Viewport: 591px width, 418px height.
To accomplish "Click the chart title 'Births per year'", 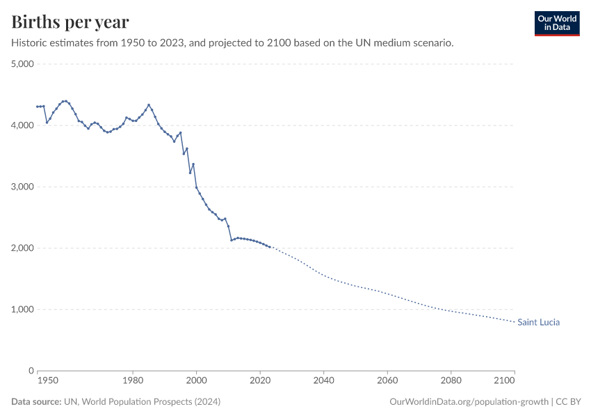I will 70,22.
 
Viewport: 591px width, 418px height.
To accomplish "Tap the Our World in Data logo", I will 556,23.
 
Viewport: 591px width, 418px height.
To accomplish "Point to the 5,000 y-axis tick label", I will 23,64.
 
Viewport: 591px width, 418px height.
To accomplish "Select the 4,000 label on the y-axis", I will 23,125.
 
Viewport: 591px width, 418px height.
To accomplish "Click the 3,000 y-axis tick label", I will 23,187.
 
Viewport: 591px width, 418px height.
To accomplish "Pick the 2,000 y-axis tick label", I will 23,248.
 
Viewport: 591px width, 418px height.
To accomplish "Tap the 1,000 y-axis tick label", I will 23,309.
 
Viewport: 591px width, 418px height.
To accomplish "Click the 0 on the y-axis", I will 31,371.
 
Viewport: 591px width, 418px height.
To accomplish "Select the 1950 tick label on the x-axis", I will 47,381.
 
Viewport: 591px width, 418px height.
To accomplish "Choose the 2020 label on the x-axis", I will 260,381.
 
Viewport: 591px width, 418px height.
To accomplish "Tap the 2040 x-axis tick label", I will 323,381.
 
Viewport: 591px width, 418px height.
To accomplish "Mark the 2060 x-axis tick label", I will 387,381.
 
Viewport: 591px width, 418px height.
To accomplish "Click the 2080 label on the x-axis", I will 451,381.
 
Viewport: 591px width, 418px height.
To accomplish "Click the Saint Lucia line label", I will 538,323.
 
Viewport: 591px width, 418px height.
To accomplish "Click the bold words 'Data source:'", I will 36,402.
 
